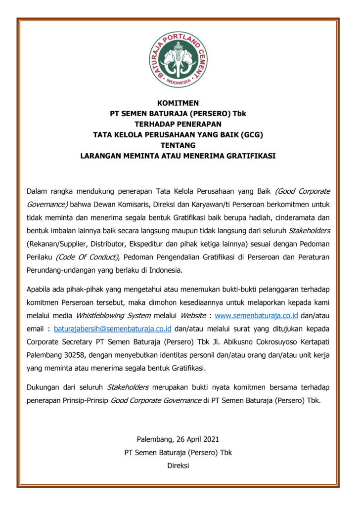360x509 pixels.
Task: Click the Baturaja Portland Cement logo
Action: pyautogui.click(x=178, y=60)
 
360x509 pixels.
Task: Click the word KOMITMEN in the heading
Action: pyautogui.click(x=178, y=103)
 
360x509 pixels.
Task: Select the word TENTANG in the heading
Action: pyautogui.click(x=178, y=145)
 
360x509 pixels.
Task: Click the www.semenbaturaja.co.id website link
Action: pyautogui.click(x=257, y=315)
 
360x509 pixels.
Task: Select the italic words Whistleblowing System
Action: pyautogui.click(x=106, y=315)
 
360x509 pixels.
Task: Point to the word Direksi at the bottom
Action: pyautogui.click(x=178, y=465)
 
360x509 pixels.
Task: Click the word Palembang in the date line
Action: pyautogui.click(x=153, y=439)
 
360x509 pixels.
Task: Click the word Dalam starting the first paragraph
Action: pyautogui.click(x=37, y=191)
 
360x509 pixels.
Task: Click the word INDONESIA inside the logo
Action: pyautogui.click(x=178, y=82)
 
